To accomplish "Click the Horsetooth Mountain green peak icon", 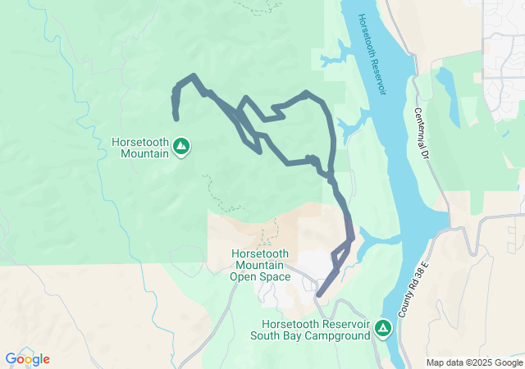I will pos(182,147).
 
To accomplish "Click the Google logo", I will pos(27,359).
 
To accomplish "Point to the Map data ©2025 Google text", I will pos(474,362).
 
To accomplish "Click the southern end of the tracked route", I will pos(318,294).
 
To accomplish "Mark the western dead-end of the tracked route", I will pos(176,119).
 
